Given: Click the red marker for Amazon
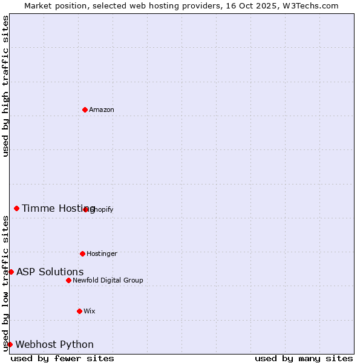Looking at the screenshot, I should point(85,110).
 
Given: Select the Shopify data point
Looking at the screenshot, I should point(86,209).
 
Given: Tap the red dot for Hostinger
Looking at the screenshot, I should point(82,253).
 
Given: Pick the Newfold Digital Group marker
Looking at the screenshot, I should point(68,280).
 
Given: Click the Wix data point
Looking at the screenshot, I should point(79,311).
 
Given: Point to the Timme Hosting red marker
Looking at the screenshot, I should point(16,208).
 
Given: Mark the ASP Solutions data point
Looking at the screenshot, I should point(11,272).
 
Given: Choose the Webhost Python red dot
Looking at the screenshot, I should point(10,344).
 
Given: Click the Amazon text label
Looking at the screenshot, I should point(102,110).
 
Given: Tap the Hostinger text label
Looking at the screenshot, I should point(102,253).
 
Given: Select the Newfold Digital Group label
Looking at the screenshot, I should point(108,280).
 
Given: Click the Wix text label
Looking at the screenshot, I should point(90,311).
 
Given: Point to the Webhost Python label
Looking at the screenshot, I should point(54,344).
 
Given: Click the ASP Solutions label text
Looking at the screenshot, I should point(50,272).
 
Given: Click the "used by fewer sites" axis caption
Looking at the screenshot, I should point(62,358).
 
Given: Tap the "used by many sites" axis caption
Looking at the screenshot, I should point(304,358).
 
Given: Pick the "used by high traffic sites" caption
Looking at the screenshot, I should point(5,87).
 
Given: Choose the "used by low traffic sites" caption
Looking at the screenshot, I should point(5,283).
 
